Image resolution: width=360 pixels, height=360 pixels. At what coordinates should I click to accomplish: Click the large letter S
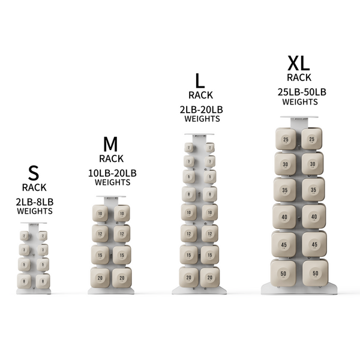(34, 173)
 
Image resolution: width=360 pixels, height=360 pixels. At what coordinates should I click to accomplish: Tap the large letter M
(109, 145)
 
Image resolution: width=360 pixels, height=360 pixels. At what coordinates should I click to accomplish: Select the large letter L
(199, 80)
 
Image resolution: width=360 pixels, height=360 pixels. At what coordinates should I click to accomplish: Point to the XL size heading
(298, 62)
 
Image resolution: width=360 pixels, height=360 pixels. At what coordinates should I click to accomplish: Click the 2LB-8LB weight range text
(34, 202)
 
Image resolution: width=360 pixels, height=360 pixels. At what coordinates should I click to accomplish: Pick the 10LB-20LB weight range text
(112, 173)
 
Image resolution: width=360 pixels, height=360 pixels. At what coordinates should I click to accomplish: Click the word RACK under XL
(298, 77)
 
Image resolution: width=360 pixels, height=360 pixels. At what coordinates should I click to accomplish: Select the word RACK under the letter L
(199, 95)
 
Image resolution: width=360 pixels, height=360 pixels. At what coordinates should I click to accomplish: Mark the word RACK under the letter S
(34, 188)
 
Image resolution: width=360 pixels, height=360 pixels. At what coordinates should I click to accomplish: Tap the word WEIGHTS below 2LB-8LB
(34, 211)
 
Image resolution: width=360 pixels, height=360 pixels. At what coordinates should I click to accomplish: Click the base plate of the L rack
(199, 290)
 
